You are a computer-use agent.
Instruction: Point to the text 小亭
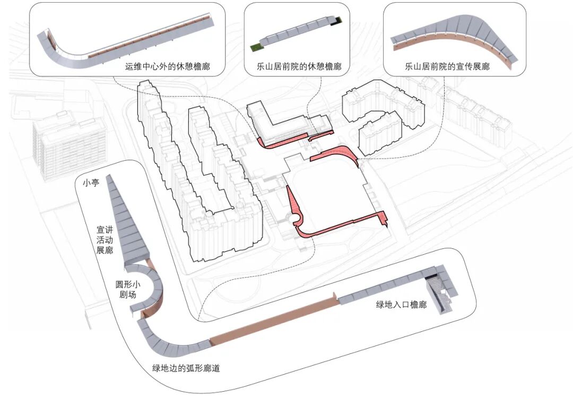point(91,183)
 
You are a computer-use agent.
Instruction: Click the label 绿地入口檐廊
point(401,305)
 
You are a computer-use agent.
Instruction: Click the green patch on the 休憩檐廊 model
point(257,48)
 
